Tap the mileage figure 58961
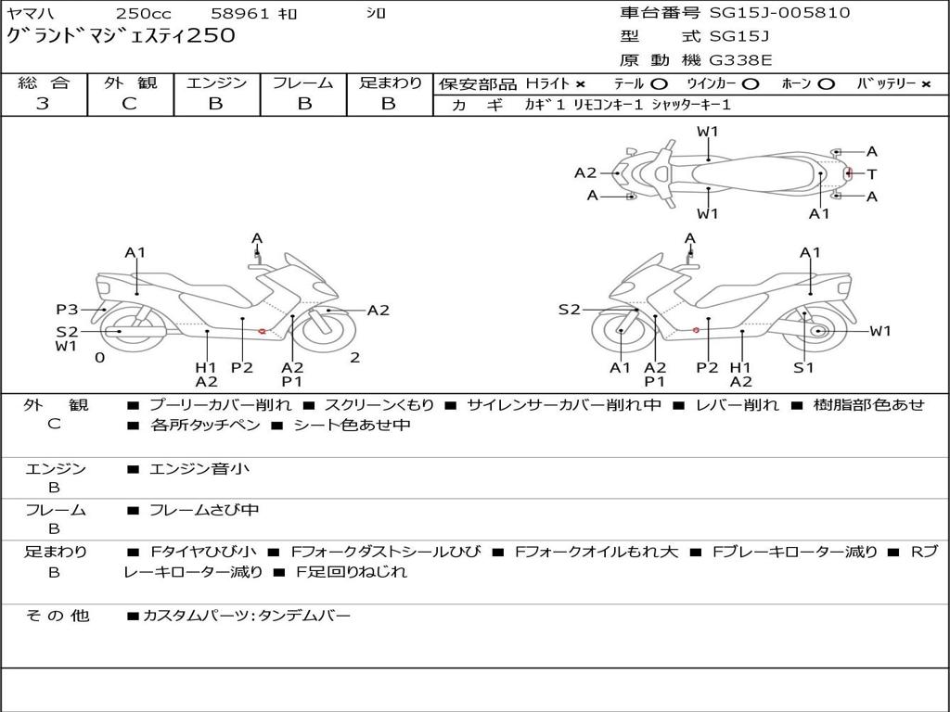coord(239,14)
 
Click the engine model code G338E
coord(740,61)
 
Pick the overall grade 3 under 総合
coord(43,104)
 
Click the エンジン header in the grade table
coord(216,83)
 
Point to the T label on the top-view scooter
coord(872,173)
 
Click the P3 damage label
coord(67,310)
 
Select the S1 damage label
coord(803,368)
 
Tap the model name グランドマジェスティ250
coord(121,36)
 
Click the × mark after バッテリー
coord(926,84)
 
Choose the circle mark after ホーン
coord(826,84)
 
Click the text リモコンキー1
coord(609,105)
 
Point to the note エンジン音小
coord(199,469)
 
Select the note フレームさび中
coord(204,510)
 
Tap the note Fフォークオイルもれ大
coord(597,552)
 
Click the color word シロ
coord(375,14)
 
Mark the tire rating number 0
coord(99,357)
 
